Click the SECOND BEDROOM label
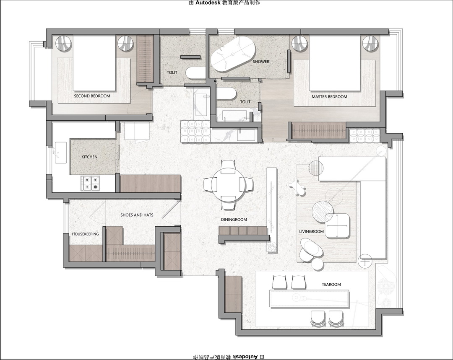coord(92,96)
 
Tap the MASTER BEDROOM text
coord(329,97)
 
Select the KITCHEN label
coord(89,157)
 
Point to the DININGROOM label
coord(234,220)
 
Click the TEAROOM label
coord(331,285)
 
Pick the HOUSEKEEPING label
coord(85,234)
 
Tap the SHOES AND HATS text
coord(137,215)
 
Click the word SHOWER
coord(261,62)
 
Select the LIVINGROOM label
coord(311,231)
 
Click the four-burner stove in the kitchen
coord(90,183)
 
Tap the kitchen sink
coord(61,153)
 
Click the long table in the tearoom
coord(309,299)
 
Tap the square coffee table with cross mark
coord(337,226)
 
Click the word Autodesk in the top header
coord(208,3)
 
